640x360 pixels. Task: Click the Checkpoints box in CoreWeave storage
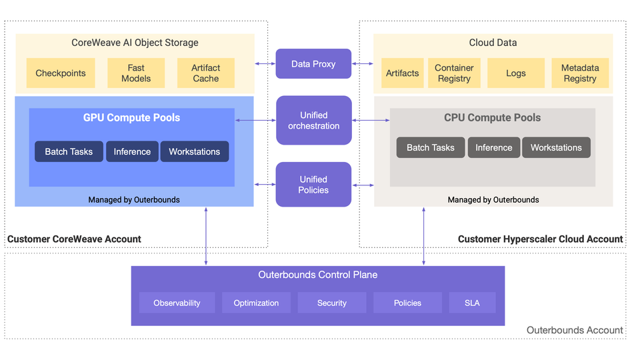(x=61, y=73)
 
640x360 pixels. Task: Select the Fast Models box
(x=136, y=73)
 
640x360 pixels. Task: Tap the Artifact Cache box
(x=205, y=73)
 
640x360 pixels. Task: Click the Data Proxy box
(x=313, y=64)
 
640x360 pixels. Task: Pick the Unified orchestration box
(x=313, y=121)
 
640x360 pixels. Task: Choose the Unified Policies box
(x=313, y=185)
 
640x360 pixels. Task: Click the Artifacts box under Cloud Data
(x=402, y=73)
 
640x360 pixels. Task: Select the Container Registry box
(x=454, y=73)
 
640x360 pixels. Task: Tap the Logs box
(x=515, y=73)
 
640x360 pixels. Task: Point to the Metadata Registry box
(x=579, y=73)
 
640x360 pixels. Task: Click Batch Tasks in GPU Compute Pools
(x=69, y=151)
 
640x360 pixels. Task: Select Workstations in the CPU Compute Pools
(x=556, y=147)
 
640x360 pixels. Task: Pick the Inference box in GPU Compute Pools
(x=132, y=151)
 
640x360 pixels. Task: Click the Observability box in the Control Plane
(x=177, y=303)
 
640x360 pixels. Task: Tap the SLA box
(x=472, y=303)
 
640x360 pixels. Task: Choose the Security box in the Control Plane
(x=332, y=303)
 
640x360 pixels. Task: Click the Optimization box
(x=256, y=303)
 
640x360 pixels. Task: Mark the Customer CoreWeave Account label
(x=74, y=239)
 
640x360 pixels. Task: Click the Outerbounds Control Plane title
(x=317, y=275)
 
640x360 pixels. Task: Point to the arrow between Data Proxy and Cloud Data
(x=363, y=64)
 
